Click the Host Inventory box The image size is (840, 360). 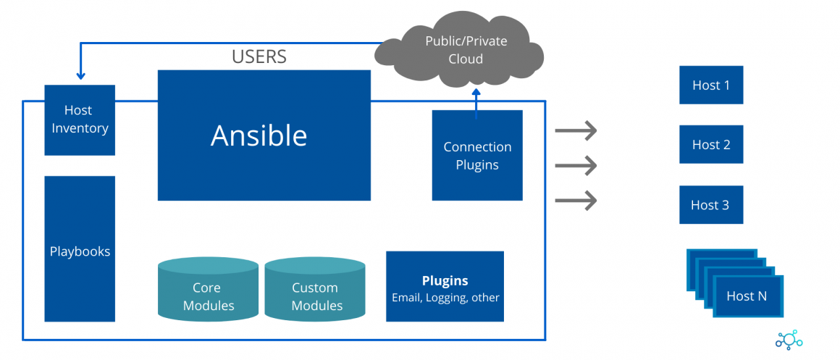click(x=80, y=120)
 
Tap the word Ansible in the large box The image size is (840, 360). click(x=259, y=135)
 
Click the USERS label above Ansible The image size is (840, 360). click(x=259, y=56)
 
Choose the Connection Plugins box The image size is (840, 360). click(x=477, y=155)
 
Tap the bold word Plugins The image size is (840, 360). click(x=445, y=280)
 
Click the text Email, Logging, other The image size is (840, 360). click(x=445, y=297)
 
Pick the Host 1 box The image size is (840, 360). click(x=711, y=85)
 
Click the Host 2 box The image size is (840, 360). click(x=711, y=144)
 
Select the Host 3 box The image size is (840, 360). click(x=711, y=204)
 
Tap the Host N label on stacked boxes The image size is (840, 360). click(x=747, y=296)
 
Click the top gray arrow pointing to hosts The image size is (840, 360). click(x=576, y=131)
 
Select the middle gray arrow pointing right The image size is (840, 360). click(x=576, y=165)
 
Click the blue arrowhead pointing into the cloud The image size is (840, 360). click(x=476, y=93)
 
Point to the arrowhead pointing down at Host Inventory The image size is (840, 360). click(x=80, y=75)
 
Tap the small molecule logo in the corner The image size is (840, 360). click(x=789, y=340)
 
